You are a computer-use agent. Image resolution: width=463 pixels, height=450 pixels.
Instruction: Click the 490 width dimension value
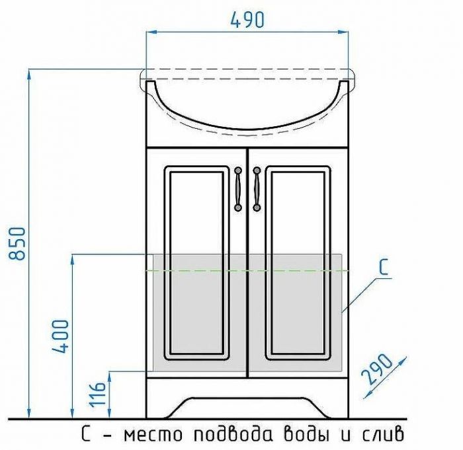pyautogui.click(x=247, y=20)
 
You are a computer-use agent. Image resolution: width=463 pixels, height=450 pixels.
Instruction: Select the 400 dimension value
pyautogui.click(x=60, y=337)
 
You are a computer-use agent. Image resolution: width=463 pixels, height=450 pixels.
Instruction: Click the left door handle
pyautogui.click(x=238, y=189)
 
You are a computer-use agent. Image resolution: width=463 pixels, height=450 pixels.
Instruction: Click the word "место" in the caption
pyautogui.click(x=153, y=435)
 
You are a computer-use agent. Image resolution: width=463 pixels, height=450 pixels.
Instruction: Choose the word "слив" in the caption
pyautogui.click(x=379, y=435)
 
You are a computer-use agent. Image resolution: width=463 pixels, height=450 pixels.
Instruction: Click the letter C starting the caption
pyautogui.click(x=87, y=435)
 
